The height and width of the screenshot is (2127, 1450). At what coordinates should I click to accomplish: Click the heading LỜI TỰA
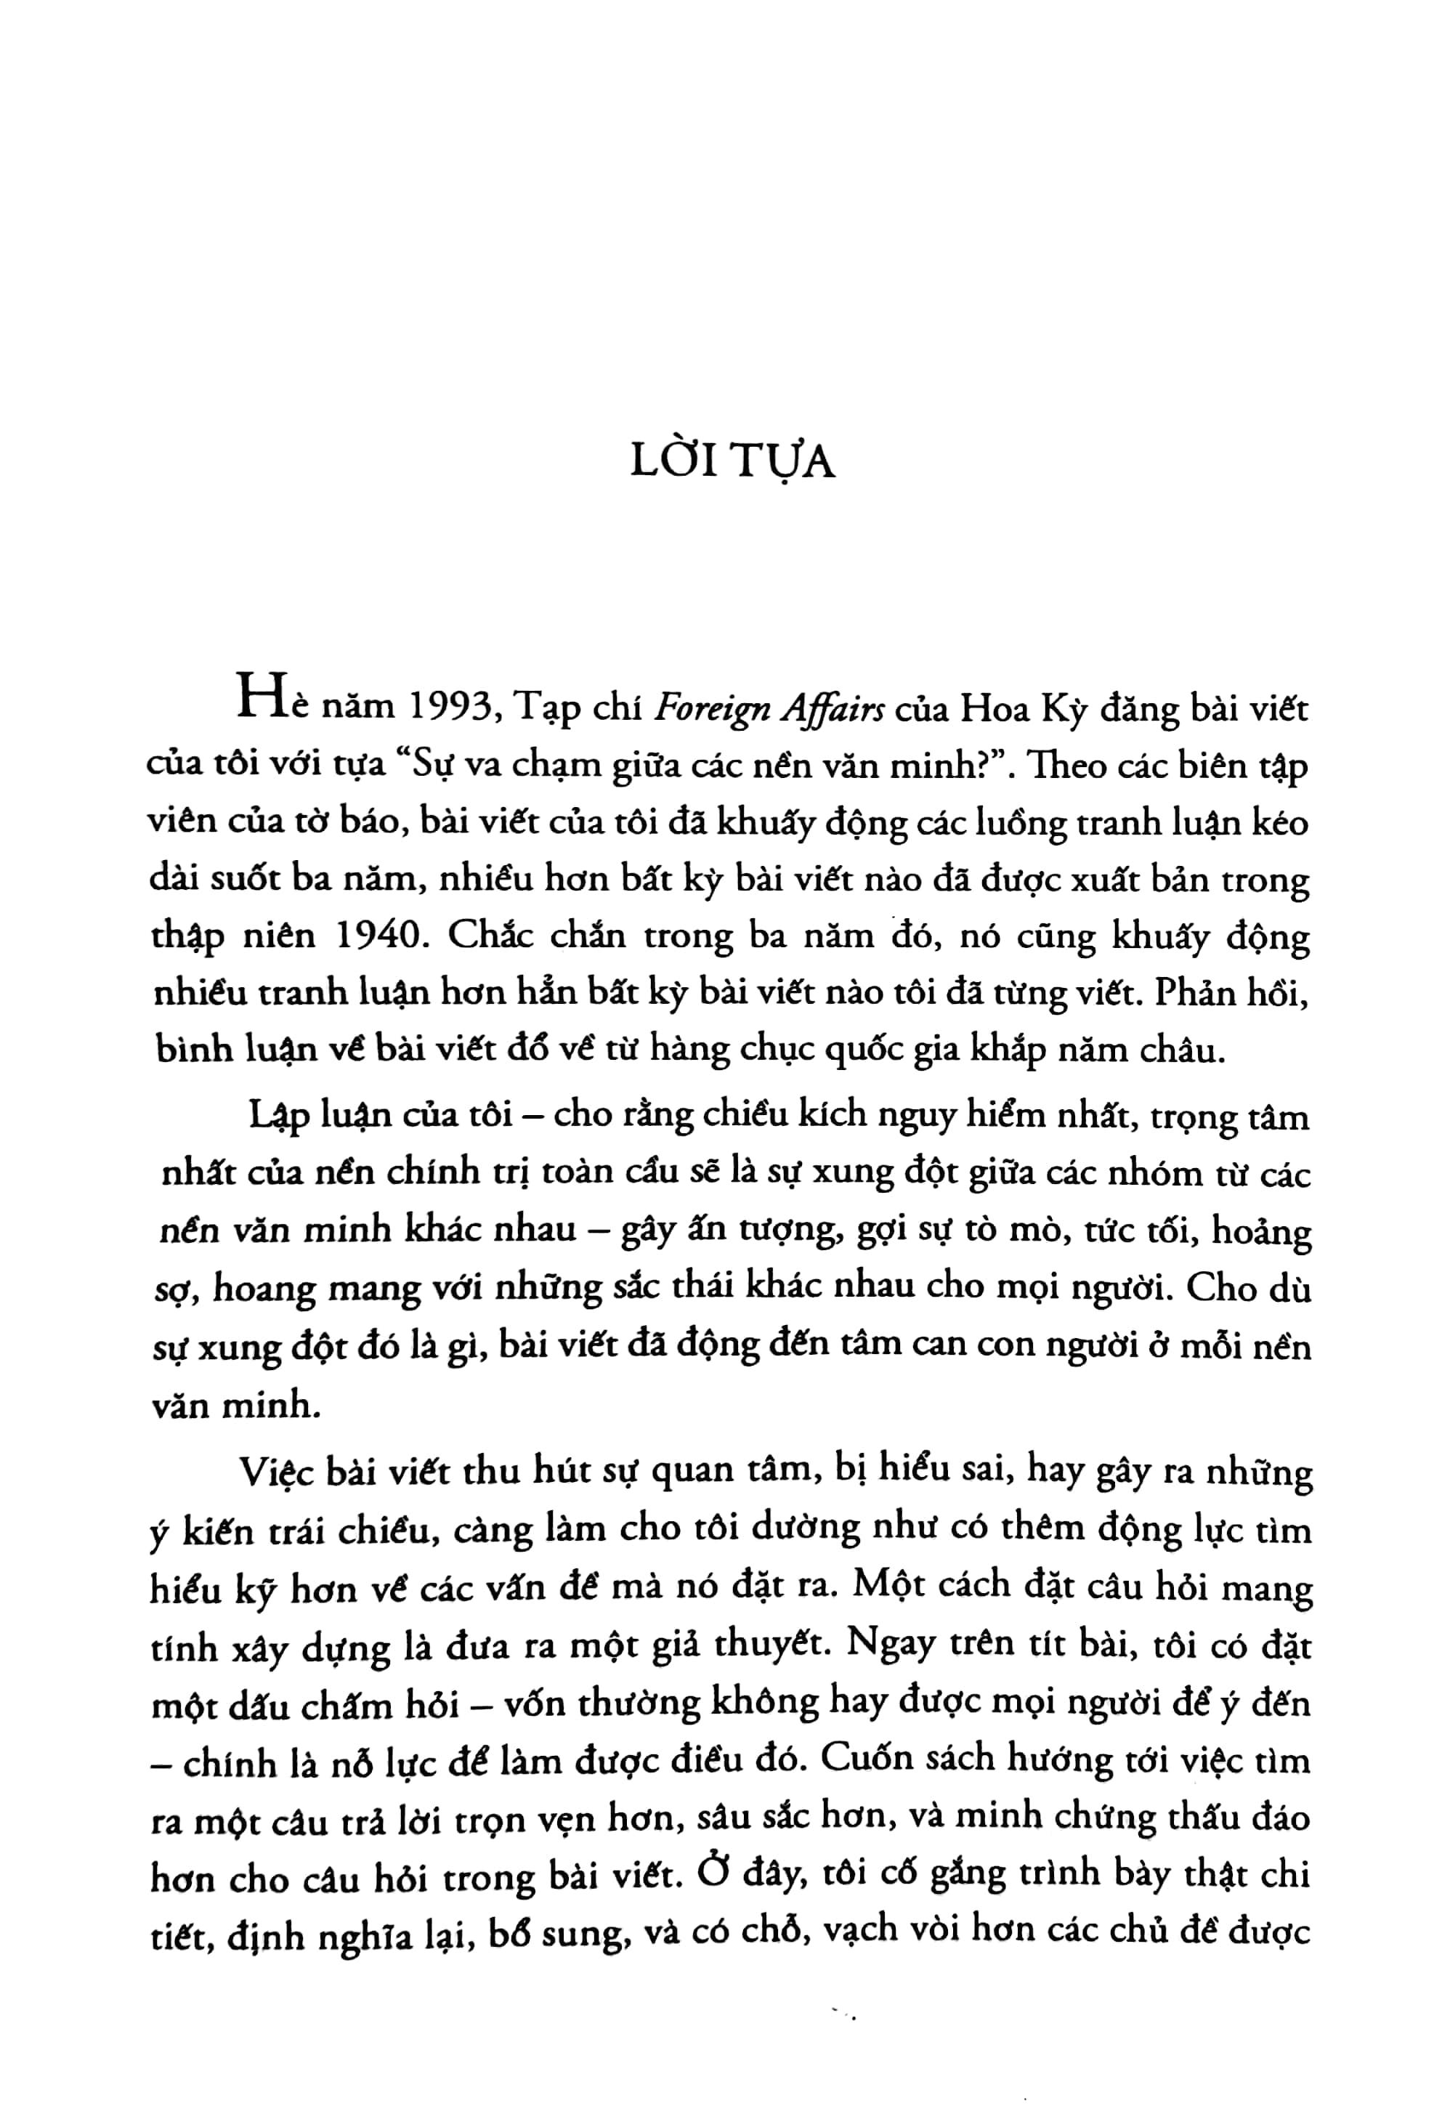click(732, 463)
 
